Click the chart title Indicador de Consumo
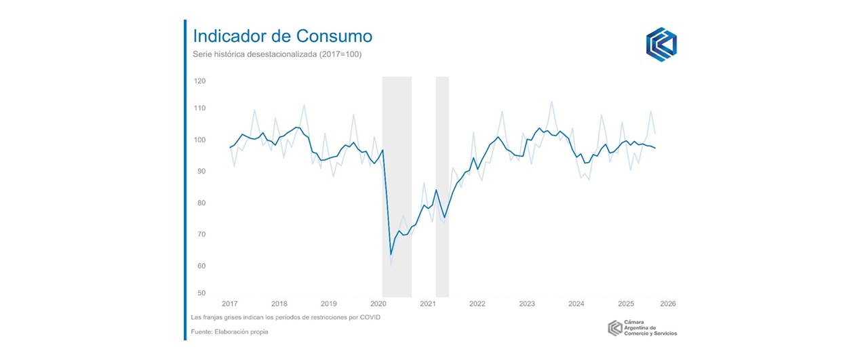pos(282,36)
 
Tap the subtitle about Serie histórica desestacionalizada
pos(277,54)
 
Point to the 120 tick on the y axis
pos(200,81)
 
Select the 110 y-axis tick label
pos(200,108)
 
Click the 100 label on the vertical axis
pos(200,140)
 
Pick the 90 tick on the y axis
pos(201,172)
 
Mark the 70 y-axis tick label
pos(201,235)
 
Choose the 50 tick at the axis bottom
pos(201,294)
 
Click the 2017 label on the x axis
pos(230,304)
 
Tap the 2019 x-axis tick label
pos(329,304)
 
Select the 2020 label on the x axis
pos(378,304)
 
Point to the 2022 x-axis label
pos(477,304)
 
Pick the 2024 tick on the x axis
pos(576,304)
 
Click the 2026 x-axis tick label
pos(668,304)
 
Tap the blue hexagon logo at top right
pos(661,44)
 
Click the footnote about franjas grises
pos(285,318)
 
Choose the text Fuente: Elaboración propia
pos(231,332)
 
